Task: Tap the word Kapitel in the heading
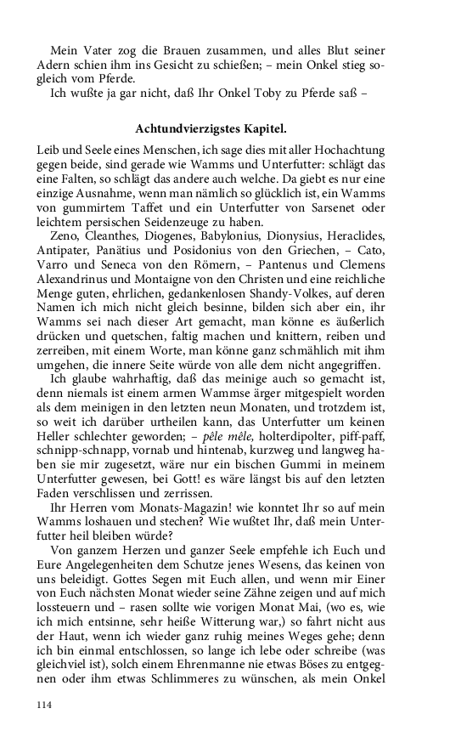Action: (262, 128)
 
